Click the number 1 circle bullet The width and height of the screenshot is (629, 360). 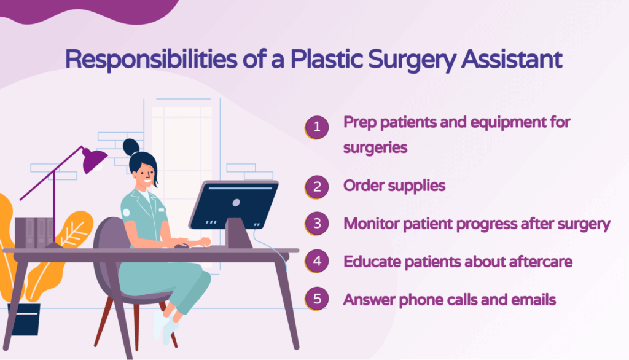tap(317, 128)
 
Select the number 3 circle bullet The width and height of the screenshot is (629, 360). tap(317, 223)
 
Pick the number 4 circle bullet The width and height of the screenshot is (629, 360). tap(317, 262)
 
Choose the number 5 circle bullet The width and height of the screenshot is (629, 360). tap(317, 300)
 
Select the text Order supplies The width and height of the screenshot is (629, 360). tap(394, 186)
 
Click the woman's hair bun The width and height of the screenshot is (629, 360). tap(131, 147)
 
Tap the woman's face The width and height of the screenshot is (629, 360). tap(145, 175)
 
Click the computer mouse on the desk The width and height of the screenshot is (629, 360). tap(180, 246)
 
